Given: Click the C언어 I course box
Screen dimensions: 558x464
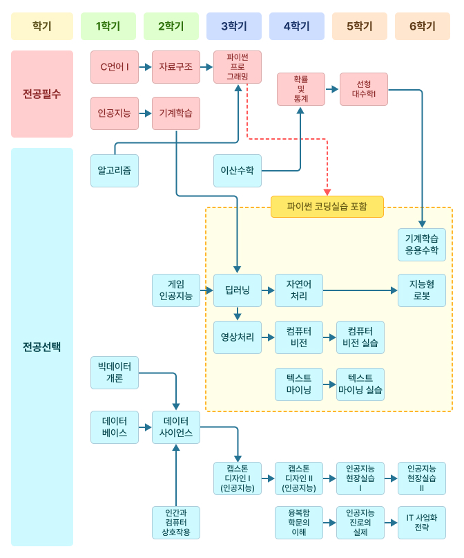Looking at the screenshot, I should (x=115, y=67).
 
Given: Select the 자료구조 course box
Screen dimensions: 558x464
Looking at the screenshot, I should (x=176, y=67).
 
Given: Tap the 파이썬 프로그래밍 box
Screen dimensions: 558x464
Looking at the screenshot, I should (x=238, y=67).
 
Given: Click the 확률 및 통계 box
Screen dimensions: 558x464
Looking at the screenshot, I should (x=300, y=89).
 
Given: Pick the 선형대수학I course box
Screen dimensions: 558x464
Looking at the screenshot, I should (x=364, y=89).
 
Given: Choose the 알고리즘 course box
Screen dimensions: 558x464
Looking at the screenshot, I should (x=115, y=170).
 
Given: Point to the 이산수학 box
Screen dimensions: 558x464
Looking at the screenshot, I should (x=238, y=170).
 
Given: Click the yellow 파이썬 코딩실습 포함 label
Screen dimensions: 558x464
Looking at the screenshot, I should (x=327, y=206).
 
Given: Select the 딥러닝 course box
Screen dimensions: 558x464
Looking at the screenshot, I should (x=238, y=290).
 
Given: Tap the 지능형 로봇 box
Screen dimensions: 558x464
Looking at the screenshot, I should (x=421, y=290).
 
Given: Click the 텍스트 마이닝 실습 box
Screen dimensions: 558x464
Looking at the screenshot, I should (x=360, y=384).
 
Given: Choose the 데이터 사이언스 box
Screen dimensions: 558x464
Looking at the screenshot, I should (x=176, y=427).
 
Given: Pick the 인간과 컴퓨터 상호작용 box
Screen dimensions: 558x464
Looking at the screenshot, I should (x=176, y=523).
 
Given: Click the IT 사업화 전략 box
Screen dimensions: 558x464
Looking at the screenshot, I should (x=421, y=523).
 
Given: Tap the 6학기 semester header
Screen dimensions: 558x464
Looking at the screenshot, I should (x=422, y=26).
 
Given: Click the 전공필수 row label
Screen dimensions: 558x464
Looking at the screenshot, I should (x=42, y=94).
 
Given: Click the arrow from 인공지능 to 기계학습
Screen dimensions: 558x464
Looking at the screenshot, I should (x=145, y=113).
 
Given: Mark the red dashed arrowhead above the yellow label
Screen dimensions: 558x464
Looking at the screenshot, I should (x=327, y=192).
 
